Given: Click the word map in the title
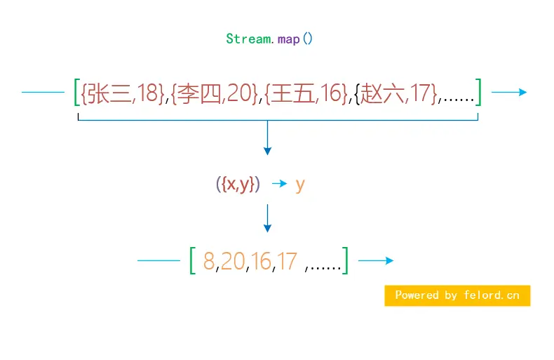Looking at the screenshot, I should [288, 39].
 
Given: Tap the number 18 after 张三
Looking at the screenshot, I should [149, 93].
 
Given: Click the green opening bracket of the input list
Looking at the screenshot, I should [76, 93].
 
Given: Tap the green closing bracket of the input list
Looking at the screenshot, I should [478, 93].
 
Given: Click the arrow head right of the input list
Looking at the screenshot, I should [522, 92].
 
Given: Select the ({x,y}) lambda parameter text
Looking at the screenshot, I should [238, 185].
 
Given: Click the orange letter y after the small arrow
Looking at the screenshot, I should [300, 185].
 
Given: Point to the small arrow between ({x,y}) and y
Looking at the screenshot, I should [280, 184].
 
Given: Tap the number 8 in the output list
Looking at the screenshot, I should [209, 262].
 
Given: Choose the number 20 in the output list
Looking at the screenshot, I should [233, 262].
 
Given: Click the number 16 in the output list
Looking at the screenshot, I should [262, 262].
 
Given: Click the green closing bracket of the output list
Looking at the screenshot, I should [345, 262].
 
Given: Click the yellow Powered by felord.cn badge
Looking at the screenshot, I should [457, 295].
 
